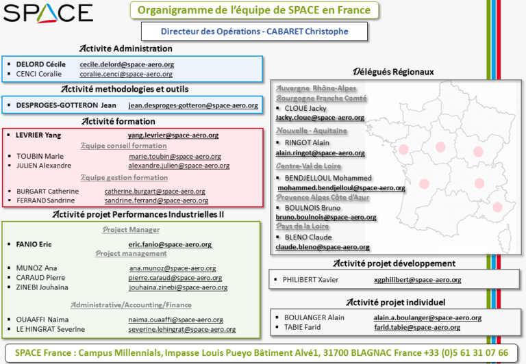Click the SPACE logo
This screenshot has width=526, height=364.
(x=48, y=13)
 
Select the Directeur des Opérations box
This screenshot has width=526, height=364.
(x=254, y=31)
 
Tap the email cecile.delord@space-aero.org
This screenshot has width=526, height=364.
(x=127, y=64)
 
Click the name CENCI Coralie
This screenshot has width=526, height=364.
(x=39, y=74)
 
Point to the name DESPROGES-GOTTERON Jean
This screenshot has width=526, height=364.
(x=66, y=105)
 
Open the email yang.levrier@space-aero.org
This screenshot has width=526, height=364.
(x=173, y=135)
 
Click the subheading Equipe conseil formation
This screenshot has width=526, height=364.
(x=124, y=146)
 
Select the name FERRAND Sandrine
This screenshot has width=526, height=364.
(x=46, y=200)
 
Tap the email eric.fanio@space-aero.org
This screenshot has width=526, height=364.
(x=170, y=245)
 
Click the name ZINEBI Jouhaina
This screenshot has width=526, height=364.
(x=42, y=287)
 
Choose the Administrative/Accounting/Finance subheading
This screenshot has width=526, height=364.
(x=131, y=305)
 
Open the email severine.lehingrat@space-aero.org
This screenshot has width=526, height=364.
(x=181, y=330)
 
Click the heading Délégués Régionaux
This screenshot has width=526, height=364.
(x=393, y=72)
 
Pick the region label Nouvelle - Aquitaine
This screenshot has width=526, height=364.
(x=312, y=131)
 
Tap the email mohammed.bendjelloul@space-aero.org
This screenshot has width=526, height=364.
(x=341, y=188)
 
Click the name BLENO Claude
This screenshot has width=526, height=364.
(x=308, y=237)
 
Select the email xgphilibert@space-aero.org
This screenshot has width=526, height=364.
(x=418, y=280)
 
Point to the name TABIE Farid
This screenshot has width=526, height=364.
(x=302, y=327)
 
